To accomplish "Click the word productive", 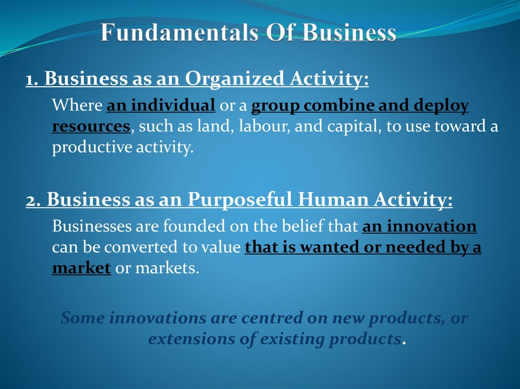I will (86, 148).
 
